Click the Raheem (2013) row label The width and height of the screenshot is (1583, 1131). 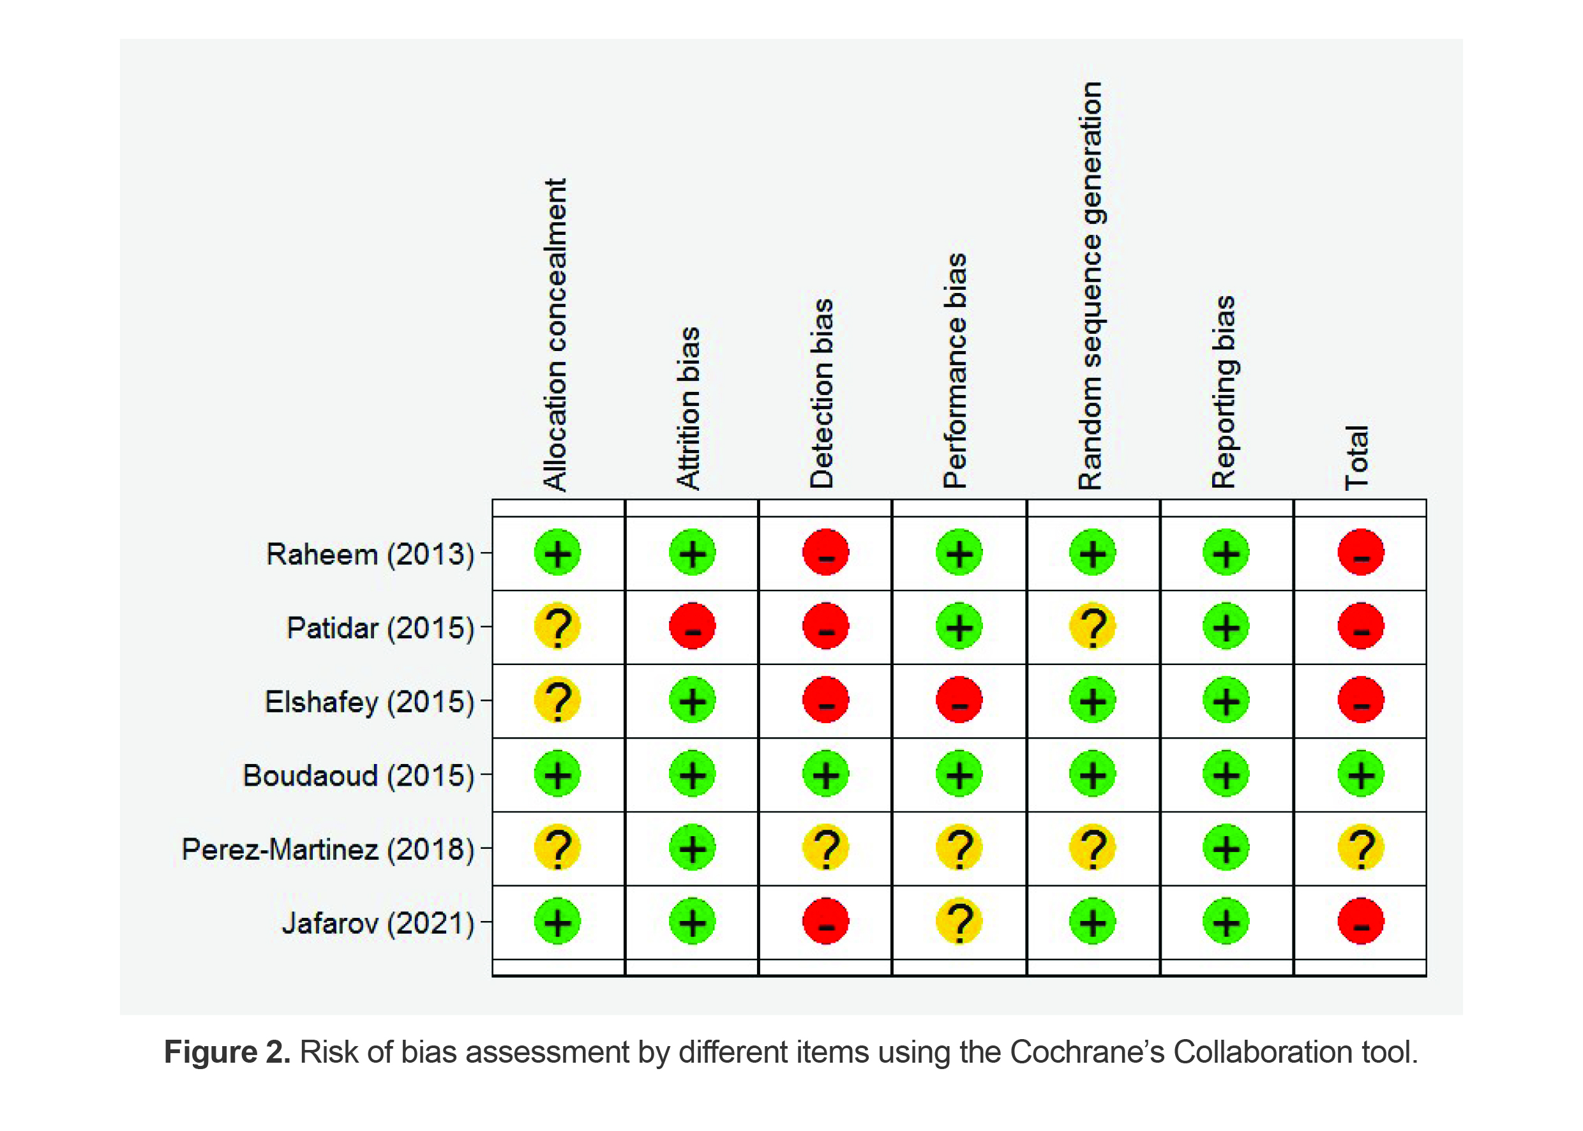(x=370, y=555)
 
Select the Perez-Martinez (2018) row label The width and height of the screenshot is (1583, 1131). (x=328, y=849)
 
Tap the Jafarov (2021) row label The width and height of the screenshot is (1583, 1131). (x=377, y=923)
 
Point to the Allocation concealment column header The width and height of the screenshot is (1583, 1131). (x=555, y=334)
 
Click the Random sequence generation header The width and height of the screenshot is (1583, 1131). (x=1090, y=285)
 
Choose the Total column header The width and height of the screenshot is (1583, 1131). (x=1356, y=458)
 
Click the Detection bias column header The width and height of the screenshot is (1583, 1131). (x=822, y=393)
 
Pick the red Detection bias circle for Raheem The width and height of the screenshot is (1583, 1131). (x=825, y=553)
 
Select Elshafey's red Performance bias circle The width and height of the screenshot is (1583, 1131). (x=959, y=700)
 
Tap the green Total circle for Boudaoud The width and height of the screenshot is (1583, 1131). (x=1360, y=774)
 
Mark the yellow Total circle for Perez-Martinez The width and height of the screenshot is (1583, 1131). (x=1360, y=848)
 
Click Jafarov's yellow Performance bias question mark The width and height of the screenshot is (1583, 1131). (x=959, y=922)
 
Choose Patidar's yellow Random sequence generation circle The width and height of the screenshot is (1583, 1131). (x=1092, y=627)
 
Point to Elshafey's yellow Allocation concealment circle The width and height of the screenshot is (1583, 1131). (x=557, y=700)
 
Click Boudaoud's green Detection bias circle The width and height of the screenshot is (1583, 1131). (x=825, y=774)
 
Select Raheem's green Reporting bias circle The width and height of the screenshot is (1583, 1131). (x=1226, y=553)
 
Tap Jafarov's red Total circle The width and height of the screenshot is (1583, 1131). (x=1360, y=922)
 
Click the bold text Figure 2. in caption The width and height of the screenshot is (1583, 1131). (x=227, y=1052)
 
